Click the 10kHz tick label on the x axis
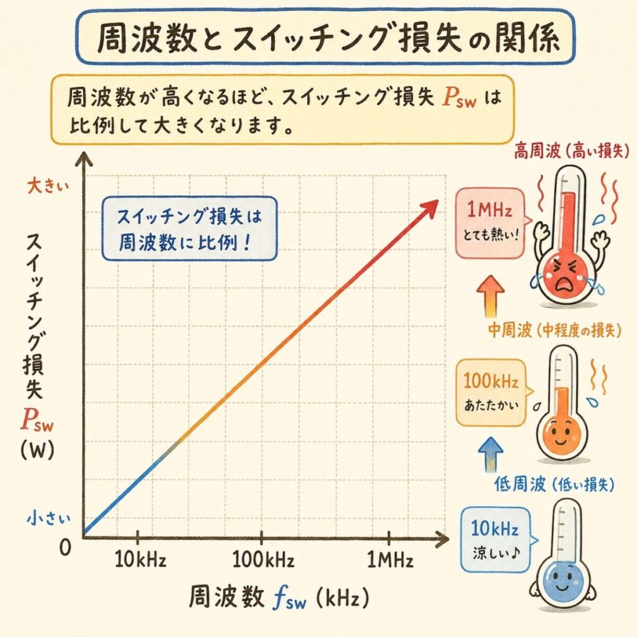[x=141, y=560]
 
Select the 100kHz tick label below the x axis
[x=263, y=560]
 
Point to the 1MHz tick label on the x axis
[x=390, y=560]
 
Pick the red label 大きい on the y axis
[x=45, y=185]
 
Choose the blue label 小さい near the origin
[x=45, y=517]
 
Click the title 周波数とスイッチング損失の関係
[x=324, y=39]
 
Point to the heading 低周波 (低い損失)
[x=555, y=484]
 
